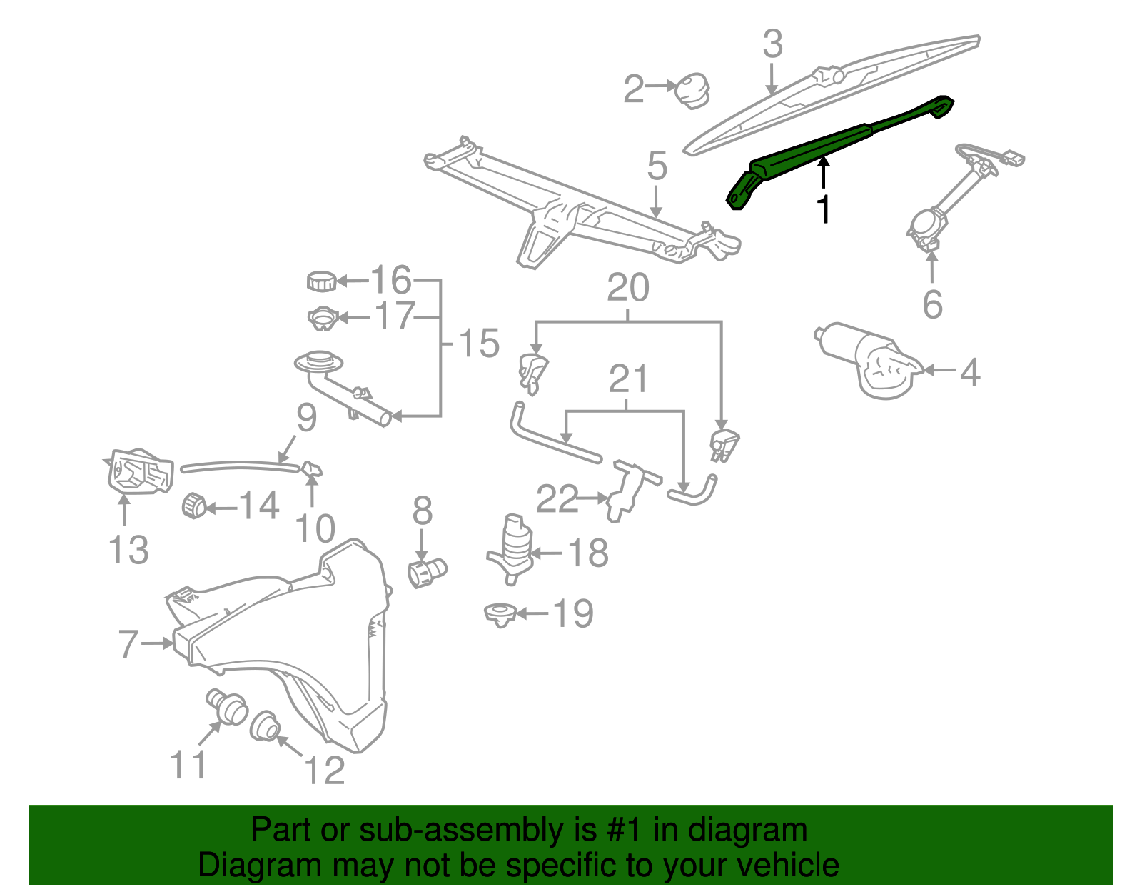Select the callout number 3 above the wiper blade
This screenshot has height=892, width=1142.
pos(772,44)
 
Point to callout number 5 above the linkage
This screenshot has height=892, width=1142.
pos(657,166)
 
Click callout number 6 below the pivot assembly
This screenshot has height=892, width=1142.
pos(932,305)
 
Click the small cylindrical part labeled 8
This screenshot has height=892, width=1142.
pos(426,571)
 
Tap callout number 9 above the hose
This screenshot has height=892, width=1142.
pos(306,418)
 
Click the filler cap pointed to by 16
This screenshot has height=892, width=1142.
pos(321,281)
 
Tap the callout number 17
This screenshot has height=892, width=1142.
pos(395,316)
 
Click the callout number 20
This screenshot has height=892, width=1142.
pos(628,288)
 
